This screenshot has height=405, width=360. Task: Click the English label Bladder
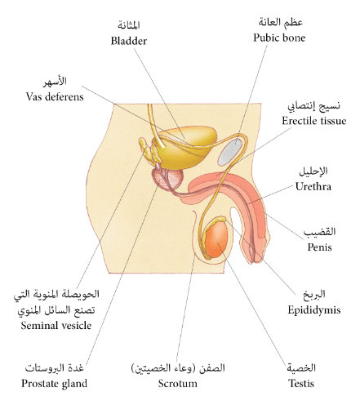coord(129,41)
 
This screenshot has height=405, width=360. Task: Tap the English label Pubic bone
coord(279,38)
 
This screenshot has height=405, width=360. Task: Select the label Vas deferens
coord(55,96)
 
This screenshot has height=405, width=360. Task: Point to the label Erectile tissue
coord(314,121)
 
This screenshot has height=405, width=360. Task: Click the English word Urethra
coord(313,186)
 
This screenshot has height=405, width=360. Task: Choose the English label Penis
coord(319,247)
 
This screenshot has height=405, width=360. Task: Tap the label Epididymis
coord(314,310)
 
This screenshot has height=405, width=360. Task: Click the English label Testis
coord(301,383)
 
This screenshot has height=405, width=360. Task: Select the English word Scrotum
coord(178,384)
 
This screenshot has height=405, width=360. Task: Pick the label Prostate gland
coord(55,384)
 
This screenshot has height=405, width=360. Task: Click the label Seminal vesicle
coord(56,326)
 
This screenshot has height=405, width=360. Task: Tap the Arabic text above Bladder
coord(129,25)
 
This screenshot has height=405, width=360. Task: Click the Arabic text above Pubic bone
coord(280,22)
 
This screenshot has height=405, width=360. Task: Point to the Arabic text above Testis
coord(301,367)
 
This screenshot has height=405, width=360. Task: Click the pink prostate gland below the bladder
coord(167,179)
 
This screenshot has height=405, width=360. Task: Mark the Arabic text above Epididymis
coord(314,294)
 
